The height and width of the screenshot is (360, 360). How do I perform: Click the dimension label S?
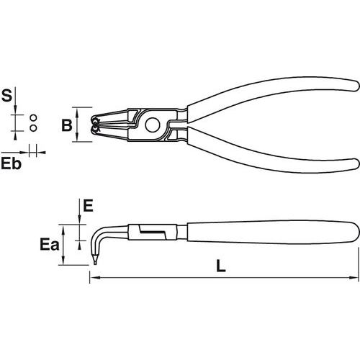click(x=6, y=95)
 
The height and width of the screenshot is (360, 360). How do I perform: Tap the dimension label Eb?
click(x=11, y=163)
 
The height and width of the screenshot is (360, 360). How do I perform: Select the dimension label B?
click(x=67, y=125)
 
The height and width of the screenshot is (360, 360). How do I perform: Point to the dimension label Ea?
click(x=50, y=244)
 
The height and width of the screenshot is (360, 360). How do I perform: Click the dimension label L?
click(x=221, y=266)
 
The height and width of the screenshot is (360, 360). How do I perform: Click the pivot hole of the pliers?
click(x=153, y=125)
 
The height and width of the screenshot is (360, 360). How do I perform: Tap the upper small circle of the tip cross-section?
click(x=34, y=118)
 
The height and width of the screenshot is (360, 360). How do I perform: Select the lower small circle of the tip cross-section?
click(x=34, y=128)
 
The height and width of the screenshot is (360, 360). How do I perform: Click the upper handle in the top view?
click(x=274, y=96)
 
